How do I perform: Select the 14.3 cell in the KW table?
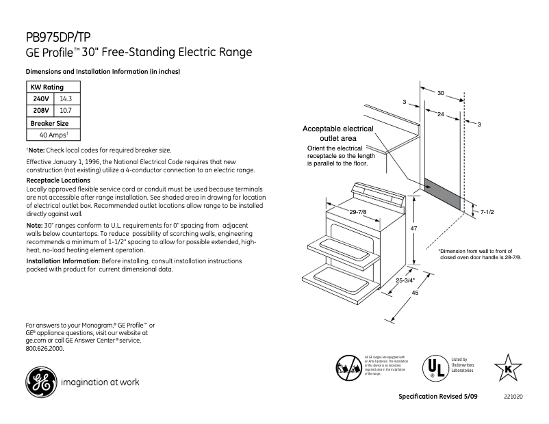tap(66, 99)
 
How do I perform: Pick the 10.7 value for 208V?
tap(66, 110)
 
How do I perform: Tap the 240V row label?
tap(41, 99)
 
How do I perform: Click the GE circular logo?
tap(40, 382)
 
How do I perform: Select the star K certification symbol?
tap(507, 367)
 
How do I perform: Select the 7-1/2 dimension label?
tap(487, 213)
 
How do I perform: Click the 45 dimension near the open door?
tap(414, 293)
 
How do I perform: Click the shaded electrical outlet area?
tap(444, 195)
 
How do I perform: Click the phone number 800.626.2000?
tap(44, 348)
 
